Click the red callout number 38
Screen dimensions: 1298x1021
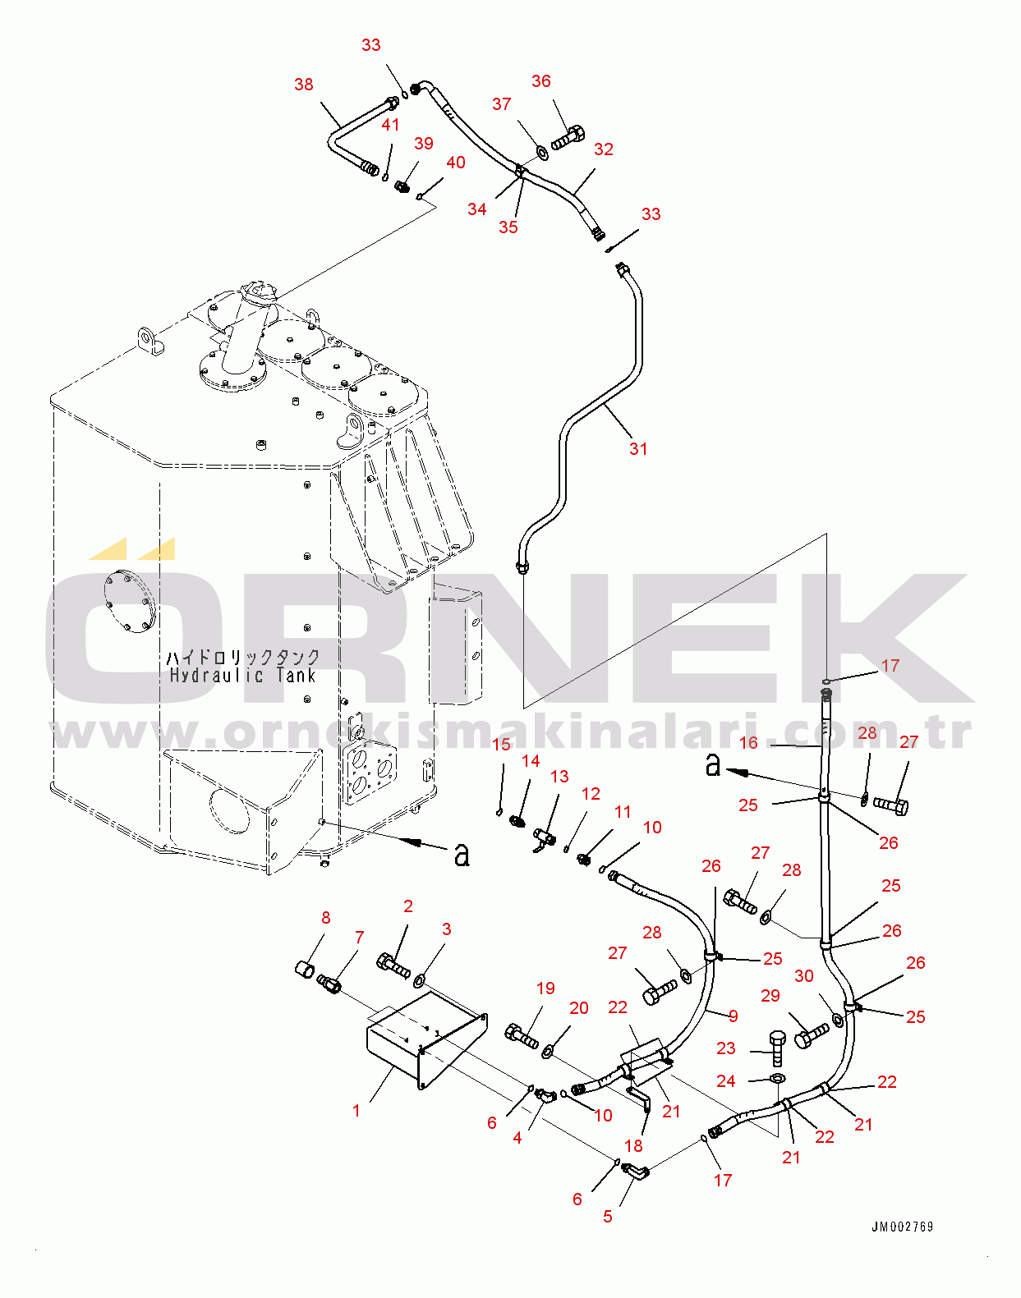[x=303, y=85]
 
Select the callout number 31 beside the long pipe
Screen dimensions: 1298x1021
[x=638, y=448]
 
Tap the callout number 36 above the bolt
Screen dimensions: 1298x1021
[x=540, y=81]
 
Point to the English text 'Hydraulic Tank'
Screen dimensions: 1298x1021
[x=242, y=676]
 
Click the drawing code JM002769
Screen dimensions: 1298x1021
[x=902, y=1227]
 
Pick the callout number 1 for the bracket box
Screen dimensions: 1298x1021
[x=356, y=1110]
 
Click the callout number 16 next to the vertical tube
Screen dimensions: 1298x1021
[x=748, y=743]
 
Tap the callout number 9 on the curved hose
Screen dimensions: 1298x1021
[x=733, y=1016]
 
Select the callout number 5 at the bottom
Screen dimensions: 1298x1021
[x=607, y=1216]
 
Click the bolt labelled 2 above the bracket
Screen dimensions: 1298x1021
[x=393, y=965]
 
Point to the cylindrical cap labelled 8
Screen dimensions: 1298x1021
[x=305, y=968]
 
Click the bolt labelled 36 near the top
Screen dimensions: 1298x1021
[x=568, y=139]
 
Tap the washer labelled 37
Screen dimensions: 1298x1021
[x=542, y=153]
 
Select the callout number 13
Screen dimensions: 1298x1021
[x=559, y=777]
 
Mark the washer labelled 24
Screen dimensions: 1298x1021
[x=777, y=1078]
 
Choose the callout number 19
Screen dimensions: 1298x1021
[x=545, y=988]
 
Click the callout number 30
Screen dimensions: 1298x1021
[x=803, y=976]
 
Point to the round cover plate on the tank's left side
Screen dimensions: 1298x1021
[x=127, y=602]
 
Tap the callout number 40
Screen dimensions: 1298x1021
[x=455, y=163]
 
